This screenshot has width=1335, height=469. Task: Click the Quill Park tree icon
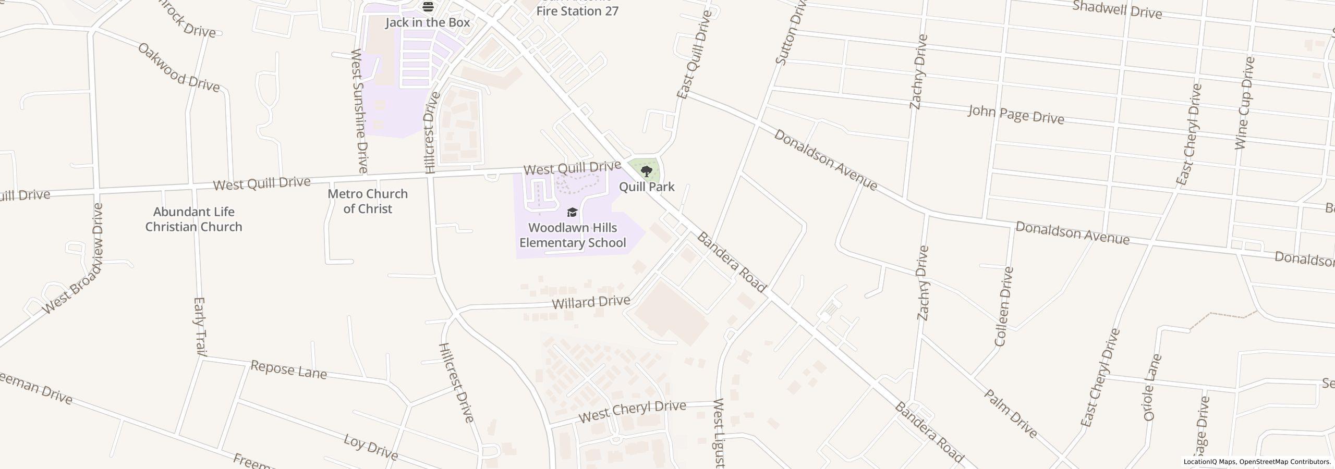coord(646,171)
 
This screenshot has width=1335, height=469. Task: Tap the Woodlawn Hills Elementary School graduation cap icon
coord(572,213)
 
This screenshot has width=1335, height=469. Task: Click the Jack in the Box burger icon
coord(428,7)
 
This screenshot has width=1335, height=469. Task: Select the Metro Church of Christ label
coord(368,201)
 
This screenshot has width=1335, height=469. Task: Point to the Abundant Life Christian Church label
coord(193,219)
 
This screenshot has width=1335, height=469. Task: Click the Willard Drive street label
coord(591,302)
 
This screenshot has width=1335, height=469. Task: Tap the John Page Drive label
coord(1016,115)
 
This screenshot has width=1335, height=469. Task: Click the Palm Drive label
coord(1011,413)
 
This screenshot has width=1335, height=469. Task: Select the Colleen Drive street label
coord(1004,306)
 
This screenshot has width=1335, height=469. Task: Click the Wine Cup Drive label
coord(1244,103)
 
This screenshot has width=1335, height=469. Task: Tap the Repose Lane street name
coord(288,369)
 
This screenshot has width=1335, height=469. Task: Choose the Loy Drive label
coord(371,447)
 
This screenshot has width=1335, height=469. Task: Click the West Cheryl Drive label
coord(632,412)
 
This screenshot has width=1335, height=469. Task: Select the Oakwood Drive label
coord(178,67)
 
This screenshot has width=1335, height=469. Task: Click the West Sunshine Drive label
coord(359,111)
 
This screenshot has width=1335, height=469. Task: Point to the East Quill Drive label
coord(694,55)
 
